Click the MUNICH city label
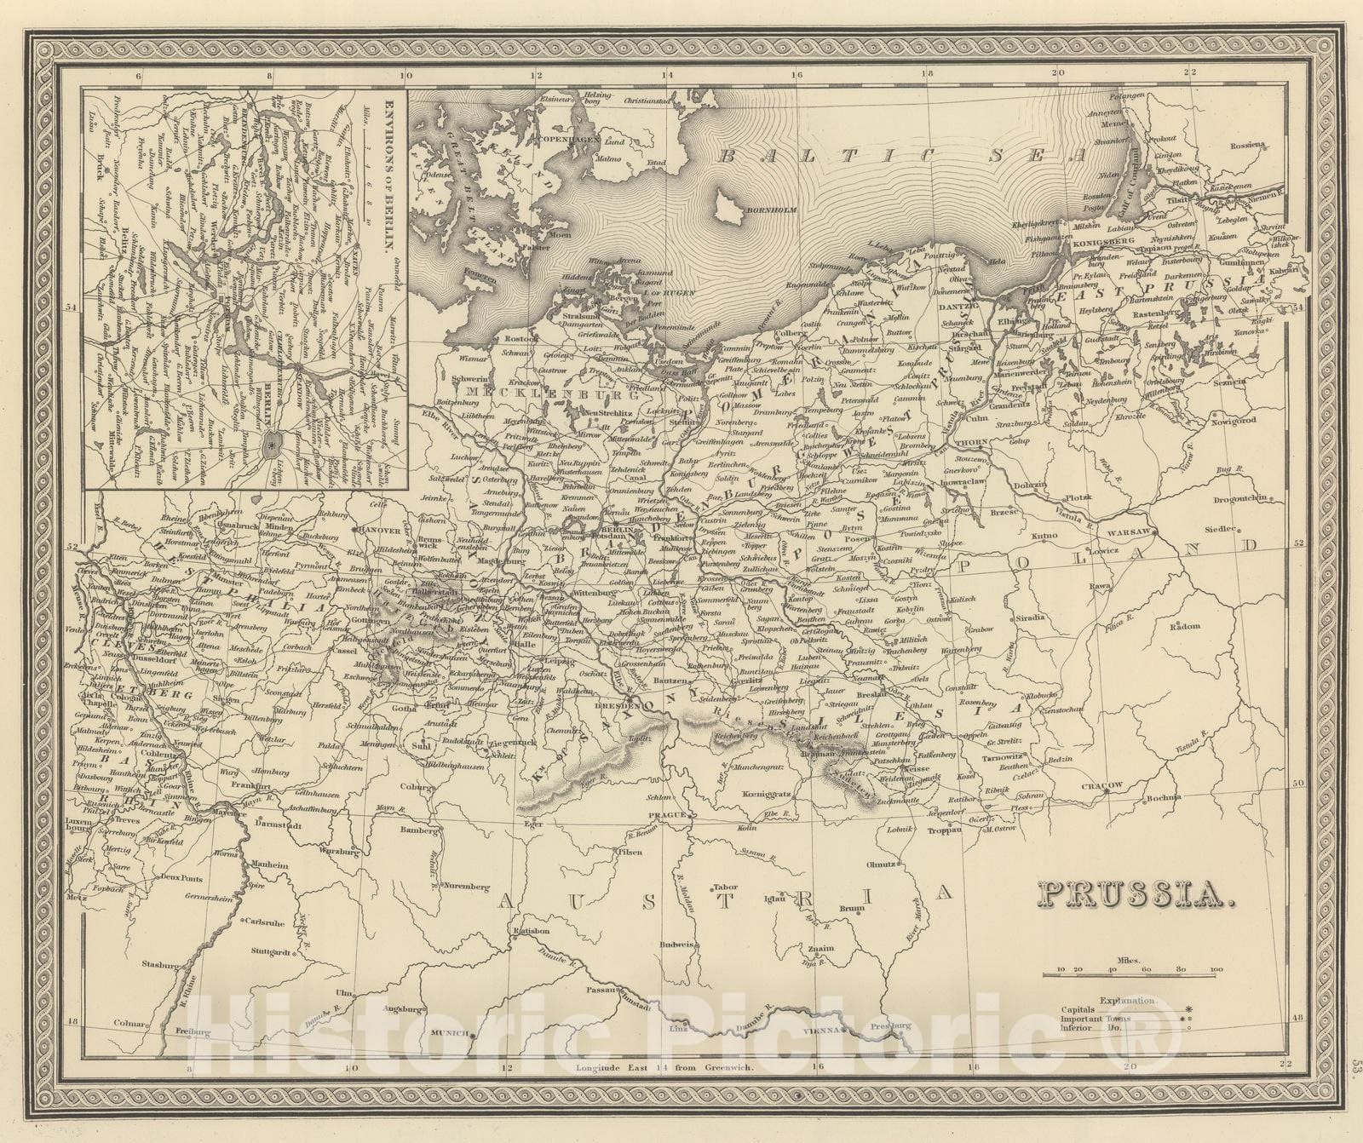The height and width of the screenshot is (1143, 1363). click(x=452, y=1032)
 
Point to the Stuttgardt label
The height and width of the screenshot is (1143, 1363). click(x=268, y=949)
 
